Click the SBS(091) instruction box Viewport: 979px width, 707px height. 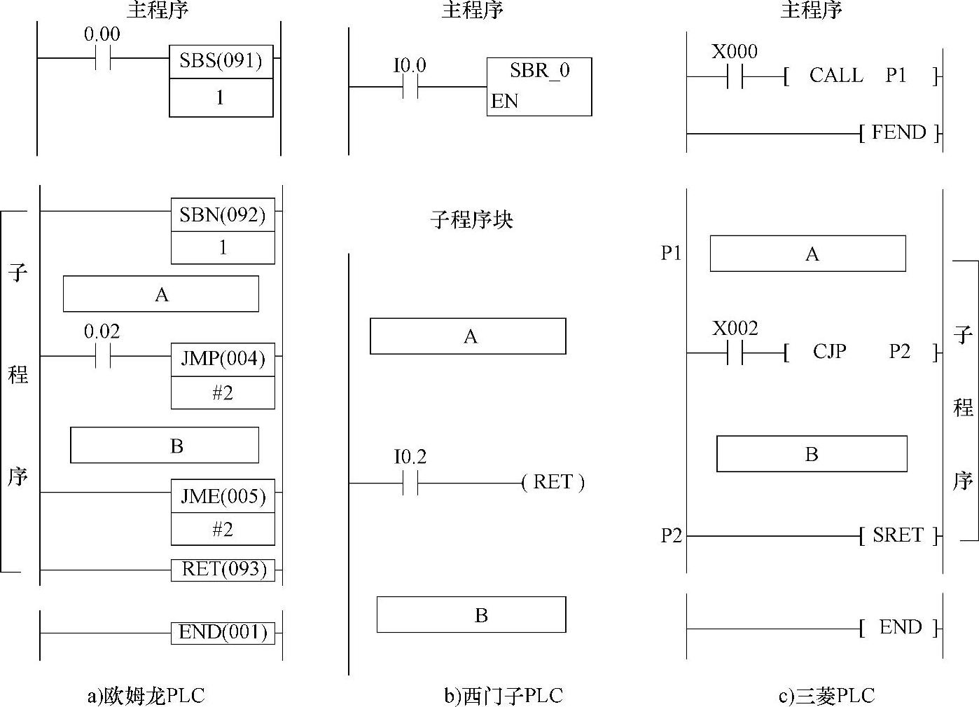(221, 62)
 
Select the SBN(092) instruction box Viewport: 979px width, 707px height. (223, 215)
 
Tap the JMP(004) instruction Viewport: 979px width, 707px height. (223, 359)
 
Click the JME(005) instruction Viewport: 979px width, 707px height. (223, 497)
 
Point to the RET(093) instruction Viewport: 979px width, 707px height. (223, 570)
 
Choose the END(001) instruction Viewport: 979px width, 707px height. (223, 633)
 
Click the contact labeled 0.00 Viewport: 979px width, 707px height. (103, 59)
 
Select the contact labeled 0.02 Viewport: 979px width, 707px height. (103, 357)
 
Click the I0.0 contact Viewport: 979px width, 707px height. (410, 87)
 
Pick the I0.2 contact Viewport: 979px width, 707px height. (410, 483)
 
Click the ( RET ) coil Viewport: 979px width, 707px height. (553, 483)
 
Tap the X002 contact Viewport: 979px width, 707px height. (735, 352)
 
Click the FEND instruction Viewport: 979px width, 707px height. (900, 132)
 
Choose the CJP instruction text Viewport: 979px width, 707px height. (830, 351)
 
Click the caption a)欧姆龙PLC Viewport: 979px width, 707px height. (146, 696)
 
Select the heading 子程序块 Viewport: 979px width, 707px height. (471, 220)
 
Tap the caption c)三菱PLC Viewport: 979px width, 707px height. (826, 696)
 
